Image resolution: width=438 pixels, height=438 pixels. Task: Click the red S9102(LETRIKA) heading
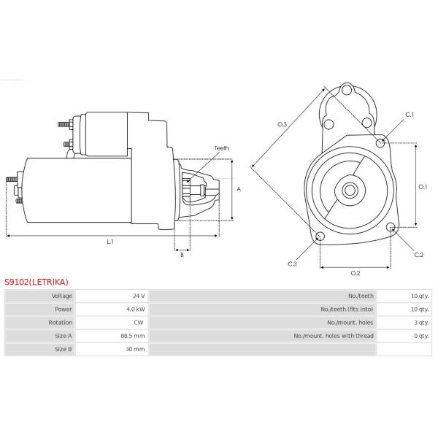click(36, 282)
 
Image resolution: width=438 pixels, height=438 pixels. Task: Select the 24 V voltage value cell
click(139, 296)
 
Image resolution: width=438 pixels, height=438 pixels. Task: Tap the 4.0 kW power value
click(136, 310)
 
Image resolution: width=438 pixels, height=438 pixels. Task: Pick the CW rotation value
click(139, 323)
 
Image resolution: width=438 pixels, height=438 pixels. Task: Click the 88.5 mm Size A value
click(133, 336)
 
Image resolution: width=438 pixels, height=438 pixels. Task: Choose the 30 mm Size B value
click(135, 349)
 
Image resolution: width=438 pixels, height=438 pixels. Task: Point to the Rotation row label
click(60, 323)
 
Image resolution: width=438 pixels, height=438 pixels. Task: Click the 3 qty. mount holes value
click(421, 323)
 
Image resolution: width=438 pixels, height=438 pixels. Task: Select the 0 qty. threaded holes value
click(421, 336)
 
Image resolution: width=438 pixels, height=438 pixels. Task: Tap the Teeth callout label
click(221, 148)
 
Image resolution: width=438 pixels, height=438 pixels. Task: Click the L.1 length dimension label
click(110, 242)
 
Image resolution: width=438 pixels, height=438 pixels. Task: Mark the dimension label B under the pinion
click(182, 255)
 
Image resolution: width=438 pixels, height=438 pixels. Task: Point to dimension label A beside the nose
click(239, 189)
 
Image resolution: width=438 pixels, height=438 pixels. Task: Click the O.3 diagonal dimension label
click(282, 124)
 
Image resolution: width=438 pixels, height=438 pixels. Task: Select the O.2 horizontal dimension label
click(356, 273)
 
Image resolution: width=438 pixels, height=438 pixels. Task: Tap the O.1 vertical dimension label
click(423, 187)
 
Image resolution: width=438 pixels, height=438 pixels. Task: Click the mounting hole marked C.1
click(380, 143)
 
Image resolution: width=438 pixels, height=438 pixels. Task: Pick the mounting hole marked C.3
click(320, 237)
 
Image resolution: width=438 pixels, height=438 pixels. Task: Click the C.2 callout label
click(419, 255)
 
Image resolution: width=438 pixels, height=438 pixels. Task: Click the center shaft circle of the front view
click(350, 191)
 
